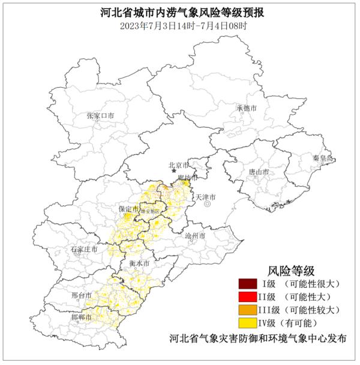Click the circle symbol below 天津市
tap(207, 204)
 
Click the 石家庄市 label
tap(81, 248)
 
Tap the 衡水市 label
tap(139, 263)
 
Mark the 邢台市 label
tap(81, 296)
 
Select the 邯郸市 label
tap(81, 316)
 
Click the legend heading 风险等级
tap(291, 270)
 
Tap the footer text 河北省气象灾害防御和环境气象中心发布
tap(258, 339)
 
